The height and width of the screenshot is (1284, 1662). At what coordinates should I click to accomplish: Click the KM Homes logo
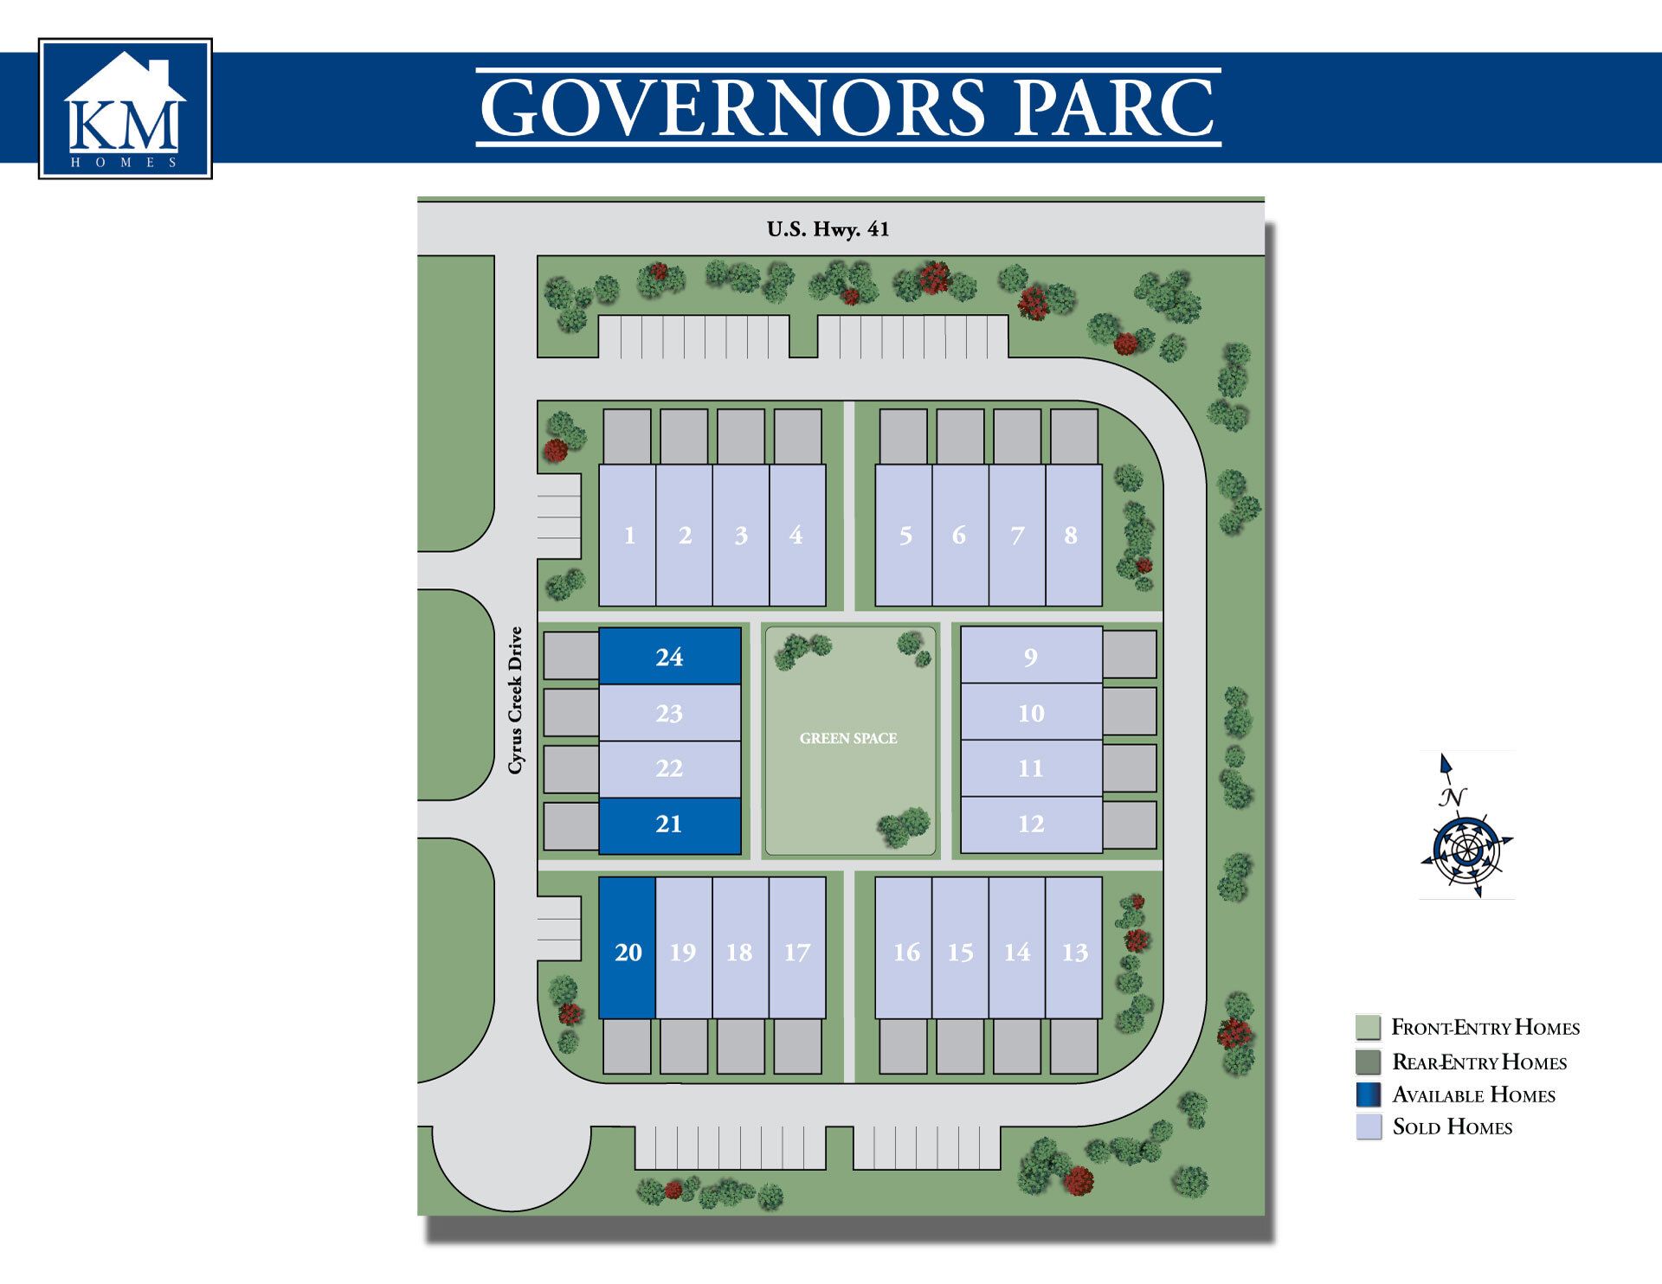(126, 108)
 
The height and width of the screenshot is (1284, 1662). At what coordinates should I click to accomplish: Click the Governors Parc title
(847, 107)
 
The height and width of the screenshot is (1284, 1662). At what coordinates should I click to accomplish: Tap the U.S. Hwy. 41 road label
(828, 229)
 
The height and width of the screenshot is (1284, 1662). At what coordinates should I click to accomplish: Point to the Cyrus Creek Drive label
(516, 701)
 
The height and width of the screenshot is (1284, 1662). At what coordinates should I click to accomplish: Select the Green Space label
(848, 738)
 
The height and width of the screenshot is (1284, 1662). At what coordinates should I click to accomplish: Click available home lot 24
(669, 656)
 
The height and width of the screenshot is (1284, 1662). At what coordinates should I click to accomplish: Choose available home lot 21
(669, 825)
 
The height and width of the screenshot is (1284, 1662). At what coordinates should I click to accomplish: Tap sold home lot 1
(628, 536)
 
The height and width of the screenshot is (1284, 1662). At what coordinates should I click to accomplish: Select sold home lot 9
(1031, 656)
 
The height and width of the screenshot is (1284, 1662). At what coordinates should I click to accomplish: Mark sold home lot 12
(1031, 824)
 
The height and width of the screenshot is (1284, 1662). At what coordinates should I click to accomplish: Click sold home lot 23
(669, 713)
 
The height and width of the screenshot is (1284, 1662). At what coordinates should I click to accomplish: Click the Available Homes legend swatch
(1369, 1095)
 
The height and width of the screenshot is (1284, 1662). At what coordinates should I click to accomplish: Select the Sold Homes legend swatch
(1369, 1127)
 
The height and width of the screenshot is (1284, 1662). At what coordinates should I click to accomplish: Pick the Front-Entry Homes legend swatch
(1369, 1027)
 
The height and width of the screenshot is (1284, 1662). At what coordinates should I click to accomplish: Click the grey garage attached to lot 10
(1130, 711)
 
